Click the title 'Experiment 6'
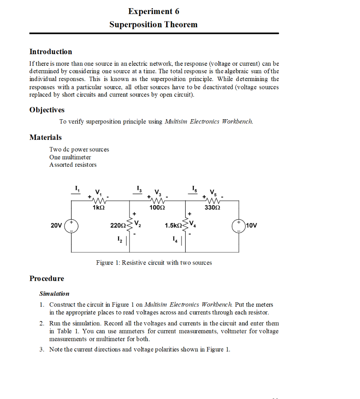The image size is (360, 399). coord(153,11)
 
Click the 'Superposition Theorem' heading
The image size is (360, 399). coord(153,25)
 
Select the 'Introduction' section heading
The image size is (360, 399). coord(51,52)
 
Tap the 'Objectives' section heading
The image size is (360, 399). coord(47,110)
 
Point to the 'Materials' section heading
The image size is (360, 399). coord(46,137)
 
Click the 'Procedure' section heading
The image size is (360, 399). coord(47,279)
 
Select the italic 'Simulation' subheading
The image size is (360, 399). coord(54,293)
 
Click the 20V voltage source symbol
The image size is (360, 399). coord(71,226)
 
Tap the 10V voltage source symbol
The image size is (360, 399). coord(238,226)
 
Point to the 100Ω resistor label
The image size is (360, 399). coord(157,208)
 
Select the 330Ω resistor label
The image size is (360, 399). coord(212,208)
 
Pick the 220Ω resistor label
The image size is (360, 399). coord(118,226)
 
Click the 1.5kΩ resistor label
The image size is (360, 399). coord(173,226)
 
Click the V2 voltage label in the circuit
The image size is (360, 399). coord(138,225)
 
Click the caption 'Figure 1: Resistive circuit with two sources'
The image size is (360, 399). coord(154,263)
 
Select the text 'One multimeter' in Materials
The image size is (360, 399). coord(70,157)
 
